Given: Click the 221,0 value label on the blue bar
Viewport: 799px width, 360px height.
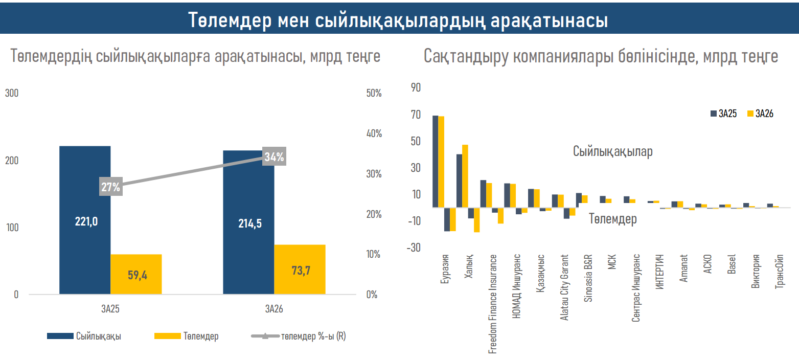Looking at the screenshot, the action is (x=86, y=221).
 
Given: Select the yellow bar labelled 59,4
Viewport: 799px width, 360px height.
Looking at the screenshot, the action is (x=136, y=274).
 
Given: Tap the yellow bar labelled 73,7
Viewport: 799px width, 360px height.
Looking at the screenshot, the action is (x=300, y=269).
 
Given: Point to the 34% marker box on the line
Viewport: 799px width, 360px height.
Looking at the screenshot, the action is (x=275, y=156).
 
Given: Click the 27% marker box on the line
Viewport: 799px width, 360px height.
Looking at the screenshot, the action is (x=111, y=187).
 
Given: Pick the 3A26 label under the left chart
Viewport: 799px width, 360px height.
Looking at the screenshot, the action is (x=274, y=309).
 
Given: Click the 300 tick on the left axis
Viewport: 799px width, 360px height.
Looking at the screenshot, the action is (x=12, y=93).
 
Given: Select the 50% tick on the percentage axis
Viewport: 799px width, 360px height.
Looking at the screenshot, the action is (x=374, y=93).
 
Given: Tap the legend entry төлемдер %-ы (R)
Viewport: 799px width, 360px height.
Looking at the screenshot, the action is (x=299, y=336).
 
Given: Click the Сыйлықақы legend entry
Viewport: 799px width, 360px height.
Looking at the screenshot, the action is (x=84, y=336).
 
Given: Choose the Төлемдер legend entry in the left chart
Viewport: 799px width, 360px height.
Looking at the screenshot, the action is (x=187, y=336).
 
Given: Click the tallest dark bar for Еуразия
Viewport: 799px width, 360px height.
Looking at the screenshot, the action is (x=435, y=161).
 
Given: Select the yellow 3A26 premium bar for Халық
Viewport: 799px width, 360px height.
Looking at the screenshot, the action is (x=465, y=176).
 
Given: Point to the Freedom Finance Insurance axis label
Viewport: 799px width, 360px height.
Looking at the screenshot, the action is (x=493, y=304).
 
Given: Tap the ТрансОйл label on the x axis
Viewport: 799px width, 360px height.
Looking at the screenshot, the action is (x=780, y=272).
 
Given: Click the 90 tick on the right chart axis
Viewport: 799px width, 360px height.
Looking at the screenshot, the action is (x=416, y=88).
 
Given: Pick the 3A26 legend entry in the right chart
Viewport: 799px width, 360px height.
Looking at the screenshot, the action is (x=760, y=114).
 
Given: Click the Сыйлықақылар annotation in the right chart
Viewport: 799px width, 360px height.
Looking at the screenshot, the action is (x=613, y=151).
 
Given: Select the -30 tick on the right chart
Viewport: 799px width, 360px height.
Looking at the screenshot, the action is (x=414, y=247).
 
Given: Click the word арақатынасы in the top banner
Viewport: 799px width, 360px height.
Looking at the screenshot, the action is (x=550, y=20).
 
